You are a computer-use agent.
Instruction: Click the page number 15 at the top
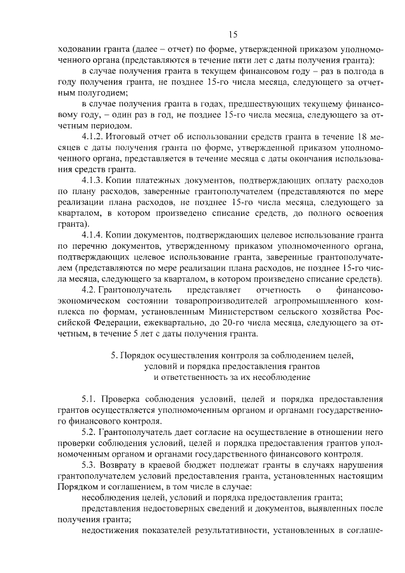(233, 34)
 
